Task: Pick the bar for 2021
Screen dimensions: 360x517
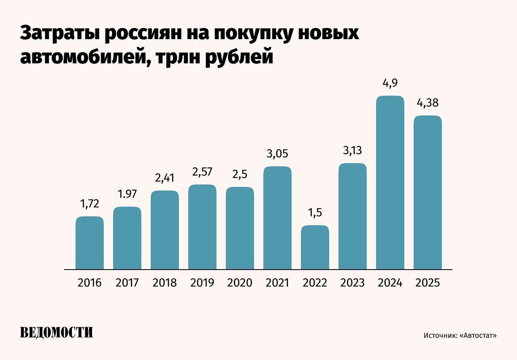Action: tap(277, 218)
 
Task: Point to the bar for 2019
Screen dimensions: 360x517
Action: tap(202, 227)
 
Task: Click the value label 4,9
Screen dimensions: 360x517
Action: tap(390, 84)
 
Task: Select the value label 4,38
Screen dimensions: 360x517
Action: tap(427, 103)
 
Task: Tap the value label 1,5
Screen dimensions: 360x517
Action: tap(315, 213)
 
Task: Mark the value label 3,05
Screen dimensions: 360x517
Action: tap(277, 154)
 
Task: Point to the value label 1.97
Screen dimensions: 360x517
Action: tap(127, 194)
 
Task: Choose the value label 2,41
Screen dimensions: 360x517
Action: tap(165, 178)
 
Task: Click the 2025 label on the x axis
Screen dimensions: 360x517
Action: tap(427, 283)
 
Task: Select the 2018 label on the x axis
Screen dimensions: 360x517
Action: tap(165, 283)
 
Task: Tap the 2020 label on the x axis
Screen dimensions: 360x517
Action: tap(240, 283)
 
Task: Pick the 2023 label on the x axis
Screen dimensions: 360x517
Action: tap(352, 283)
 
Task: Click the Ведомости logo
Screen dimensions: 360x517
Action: tap(57, 332)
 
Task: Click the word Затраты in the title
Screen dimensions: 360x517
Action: tap(59, 33)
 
